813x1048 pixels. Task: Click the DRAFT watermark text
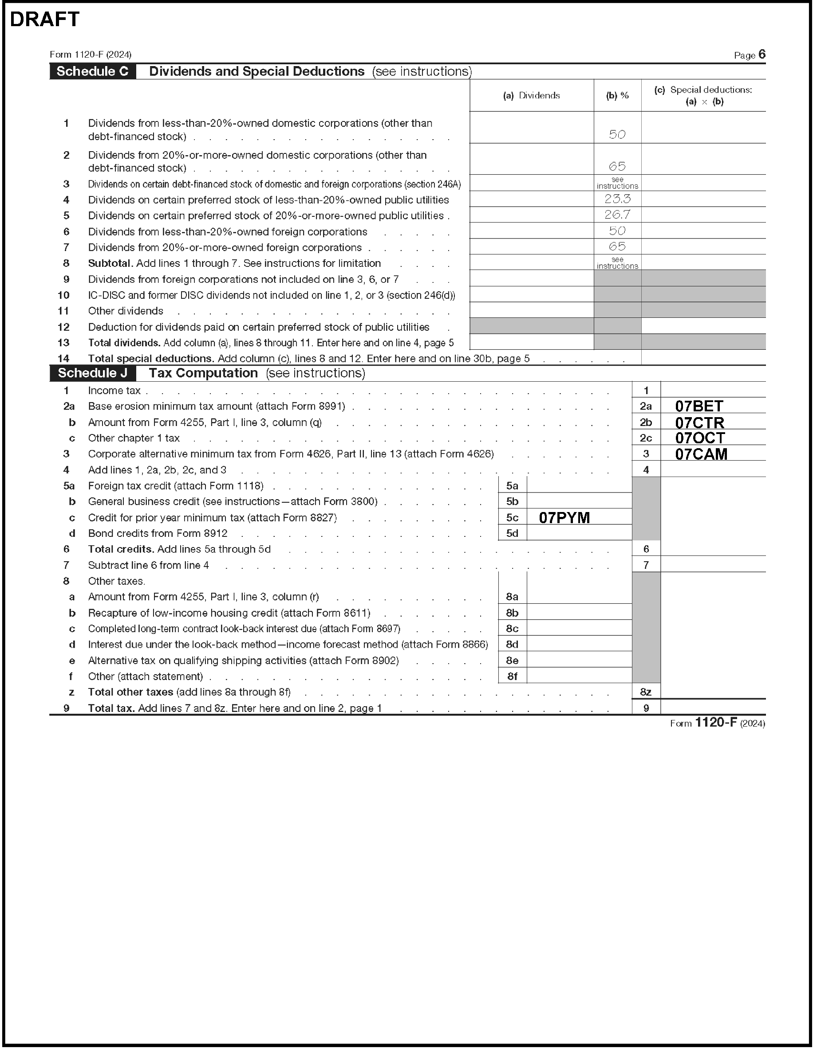45,20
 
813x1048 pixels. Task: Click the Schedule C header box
92,71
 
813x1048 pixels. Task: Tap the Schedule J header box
93,373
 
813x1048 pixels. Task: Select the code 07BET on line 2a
699,407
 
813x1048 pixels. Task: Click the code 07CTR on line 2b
699,423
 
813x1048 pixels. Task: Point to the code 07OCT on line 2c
700,438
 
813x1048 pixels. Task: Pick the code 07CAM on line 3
701,454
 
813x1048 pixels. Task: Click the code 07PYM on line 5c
564,518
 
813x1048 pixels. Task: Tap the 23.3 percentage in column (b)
617,199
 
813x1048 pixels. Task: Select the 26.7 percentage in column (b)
617,215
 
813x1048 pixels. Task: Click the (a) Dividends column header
531,95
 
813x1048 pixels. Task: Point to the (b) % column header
617,95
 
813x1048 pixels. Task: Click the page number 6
762,55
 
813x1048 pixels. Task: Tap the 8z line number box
645,692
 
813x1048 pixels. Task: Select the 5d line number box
512,533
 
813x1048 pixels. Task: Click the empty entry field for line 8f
579,676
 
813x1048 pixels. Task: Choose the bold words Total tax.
111,708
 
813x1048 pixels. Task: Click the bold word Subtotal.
110,263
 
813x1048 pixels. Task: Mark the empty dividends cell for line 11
531,310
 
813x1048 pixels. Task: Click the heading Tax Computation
203,373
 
